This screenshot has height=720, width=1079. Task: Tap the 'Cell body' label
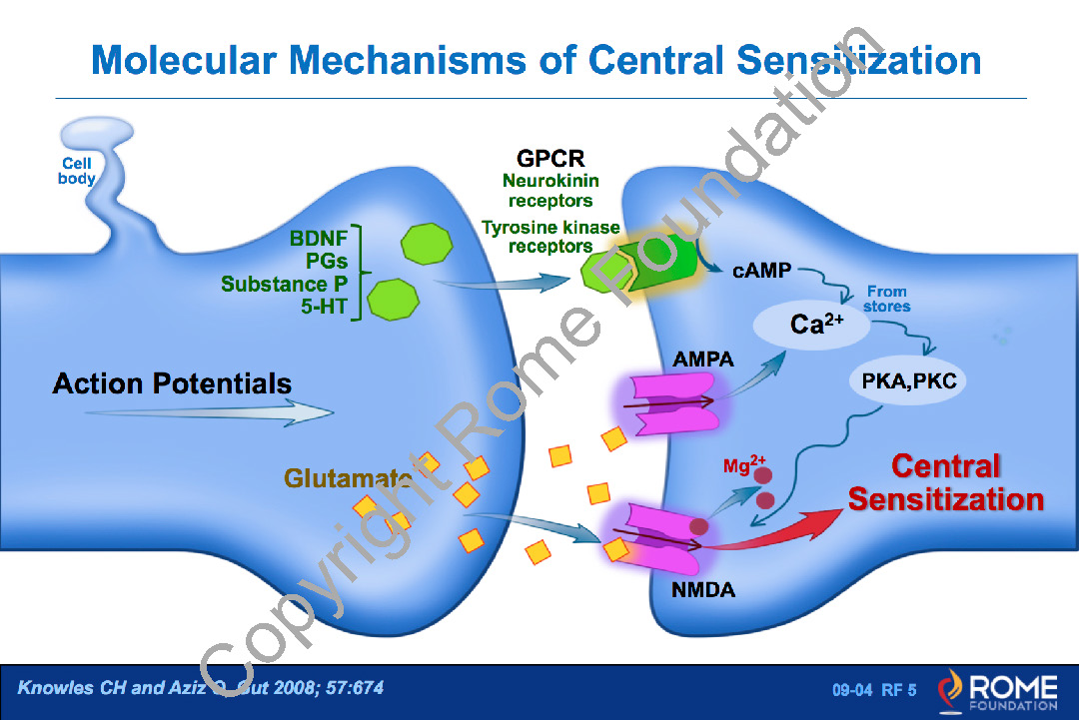tap(77, 171)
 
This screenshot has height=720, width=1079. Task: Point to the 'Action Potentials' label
tap(172, 383)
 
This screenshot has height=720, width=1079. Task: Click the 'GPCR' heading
tap(550, 159)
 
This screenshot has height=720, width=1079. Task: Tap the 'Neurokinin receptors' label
tap(550, 191)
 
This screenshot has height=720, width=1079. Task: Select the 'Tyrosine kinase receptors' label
tap(550, 237)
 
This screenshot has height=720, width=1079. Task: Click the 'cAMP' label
tap(762, 271)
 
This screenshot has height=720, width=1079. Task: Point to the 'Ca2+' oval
tap(817, 325)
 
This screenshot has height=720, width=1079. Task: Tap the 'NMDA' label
tap(703, 590)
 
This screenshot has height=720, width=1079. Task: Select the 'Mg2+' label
tap(743, 465)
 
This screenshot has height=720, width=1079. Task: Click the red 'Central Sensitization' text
tap(945, 482)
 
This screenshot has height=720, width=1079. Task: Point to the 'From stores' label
tap(887, 299)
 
